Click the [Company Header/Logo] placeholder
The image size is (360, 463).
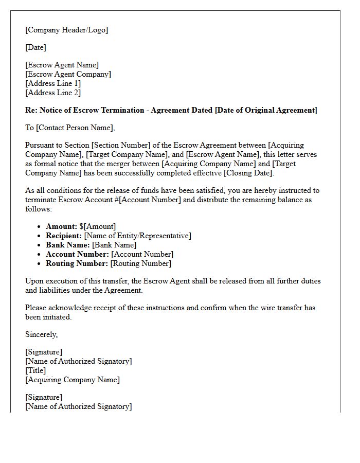click(67, 30)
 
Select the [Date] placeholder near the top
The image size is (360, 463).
click(35, 47)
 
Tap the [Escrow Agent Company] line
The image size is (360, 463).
click(68, 74)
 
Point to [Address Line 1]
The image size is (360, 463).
click(53, 83)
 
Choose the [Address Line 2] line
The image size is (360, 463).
click(53, 93)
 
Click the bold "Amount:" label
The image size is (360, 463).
click(61, 226)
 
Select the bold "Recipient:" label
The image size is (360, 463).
click(64, 236)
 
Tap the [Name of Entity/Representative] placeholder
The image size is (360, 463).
click(138, 236)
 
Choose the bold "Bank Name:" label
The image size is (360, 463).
click(68, 245)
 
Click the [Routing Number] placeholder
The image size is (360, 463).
click(140, 263)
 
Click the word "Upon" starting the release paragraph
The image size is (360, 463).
click(34, 281)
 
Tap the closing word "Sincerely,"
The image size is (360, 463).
click(42, 334)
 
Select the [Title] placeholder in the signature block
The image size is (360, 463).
click(35, 370)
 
